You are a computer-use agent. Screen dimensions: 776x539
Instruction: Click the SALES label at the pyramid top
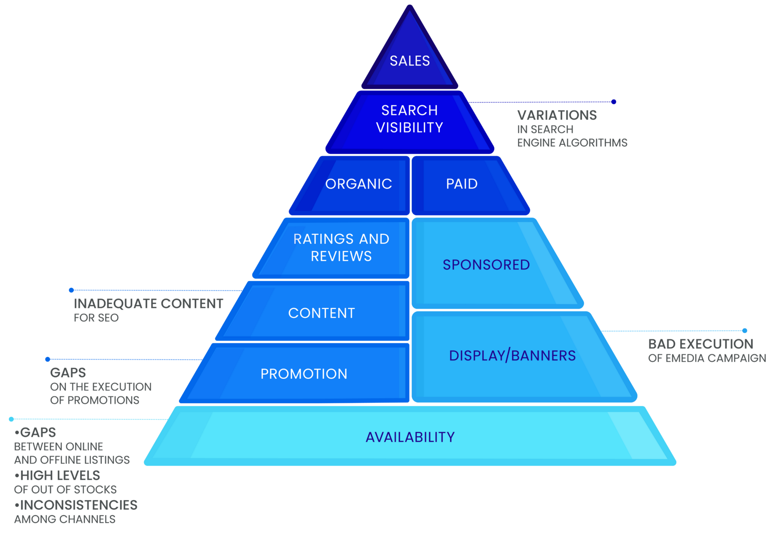pyautogui.click(x=410, y=61)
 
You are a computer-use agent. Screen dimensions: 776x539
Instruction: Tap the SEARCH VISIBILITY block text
pyautogui.click(x=410, y=119)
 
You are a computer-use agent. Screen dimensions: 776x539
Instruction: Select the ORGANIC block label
pyautogui.click(x=358, y=184)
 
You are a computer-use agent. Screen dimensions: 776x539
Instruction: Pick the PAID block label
pyautogui.click(x=462, y=184)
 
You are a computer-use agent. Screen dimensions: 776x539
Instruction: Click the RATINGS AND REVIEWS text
pyautogui.click(x=341, y=247)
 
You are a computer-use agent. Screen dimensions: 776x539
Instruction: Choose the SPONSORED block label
pyautogui.click(x=486, y=265)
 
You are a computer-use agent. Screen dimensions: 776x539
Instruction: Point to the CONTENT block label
pyautogui.click(x=322, y=313)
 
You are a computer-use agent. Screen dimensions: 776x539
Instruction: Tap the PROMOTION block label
pyautogui.click(x=304, y=374)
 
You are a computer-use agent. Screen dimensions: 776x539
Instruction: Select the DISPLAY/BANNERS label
pyautogui.click(x=512, y=355)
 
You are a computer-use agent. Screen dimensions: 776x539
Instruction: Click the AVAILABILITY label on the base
pyautogui.click(x=410, y=437)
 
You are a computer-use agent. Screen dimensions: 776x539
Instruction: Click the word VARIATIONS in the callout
pyautogui.click(x=557, y=115)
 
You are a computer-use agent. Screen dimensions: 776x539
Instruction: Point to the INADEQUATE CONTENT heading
pyautogui.click(x=149, y=303)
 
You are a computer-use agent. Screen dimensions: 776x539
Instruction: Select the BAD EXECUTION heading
pyautogui.click(x=701, y=344)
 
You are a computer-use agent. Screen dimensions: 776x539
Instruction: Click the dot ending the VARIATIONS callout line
pyautogui.click(x=614, y=102)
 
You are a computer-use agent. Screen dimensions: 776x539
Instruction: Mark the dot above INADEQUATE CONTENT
pyautogui.click(x=71, y=290)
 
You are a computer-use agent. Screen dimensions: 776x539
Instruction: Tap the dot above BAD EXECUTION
pyautogui.click(x=745, y=331)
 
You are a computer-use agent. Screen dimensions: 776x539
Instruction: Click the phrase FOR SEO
pyautogui.click(x=96, y=318)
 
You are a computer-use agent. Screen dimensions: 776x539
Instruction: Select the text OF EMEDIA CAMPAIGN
pyautogui.click(x=707, y=358)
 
